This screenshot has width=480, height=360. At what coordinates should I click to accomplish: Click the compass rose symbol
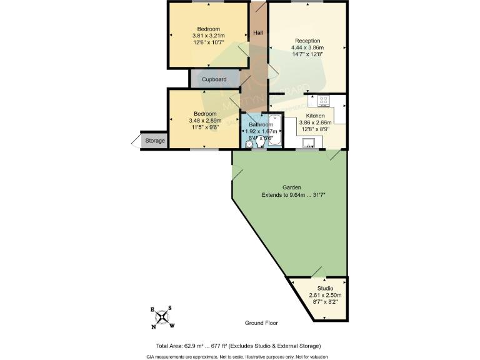pyautogui.click(x=162, y=317)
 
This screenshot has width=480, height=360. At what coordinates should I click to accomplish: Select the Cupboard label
pyautogui.click(x=214, y=79)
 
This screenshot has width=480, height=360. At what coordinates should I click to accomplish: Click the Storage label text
pyautogui.click(x=155, y=141)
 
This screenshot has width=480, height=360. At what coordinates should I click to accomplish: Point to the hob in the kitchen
pyautogui.click(x=324, y=99)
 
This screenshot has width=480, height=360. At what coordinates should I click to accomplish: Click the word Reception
pyautogui.click(x=307, y=41)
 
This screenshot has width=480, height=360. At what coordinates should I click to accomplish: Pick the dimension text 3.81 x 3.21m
pyautogui.click(x=208, y=36)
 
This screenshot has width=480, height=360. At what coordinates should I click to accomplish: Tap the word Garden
pyautogui.click(x=292, y=187)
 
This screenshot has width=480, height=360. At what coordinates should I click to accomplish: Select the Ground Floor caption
pyautogui.click(x=261, y=323)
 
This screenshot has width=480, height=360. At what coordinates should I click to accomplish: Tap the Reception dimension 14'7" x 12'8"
pyautogui.click(x=307, y=54)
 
